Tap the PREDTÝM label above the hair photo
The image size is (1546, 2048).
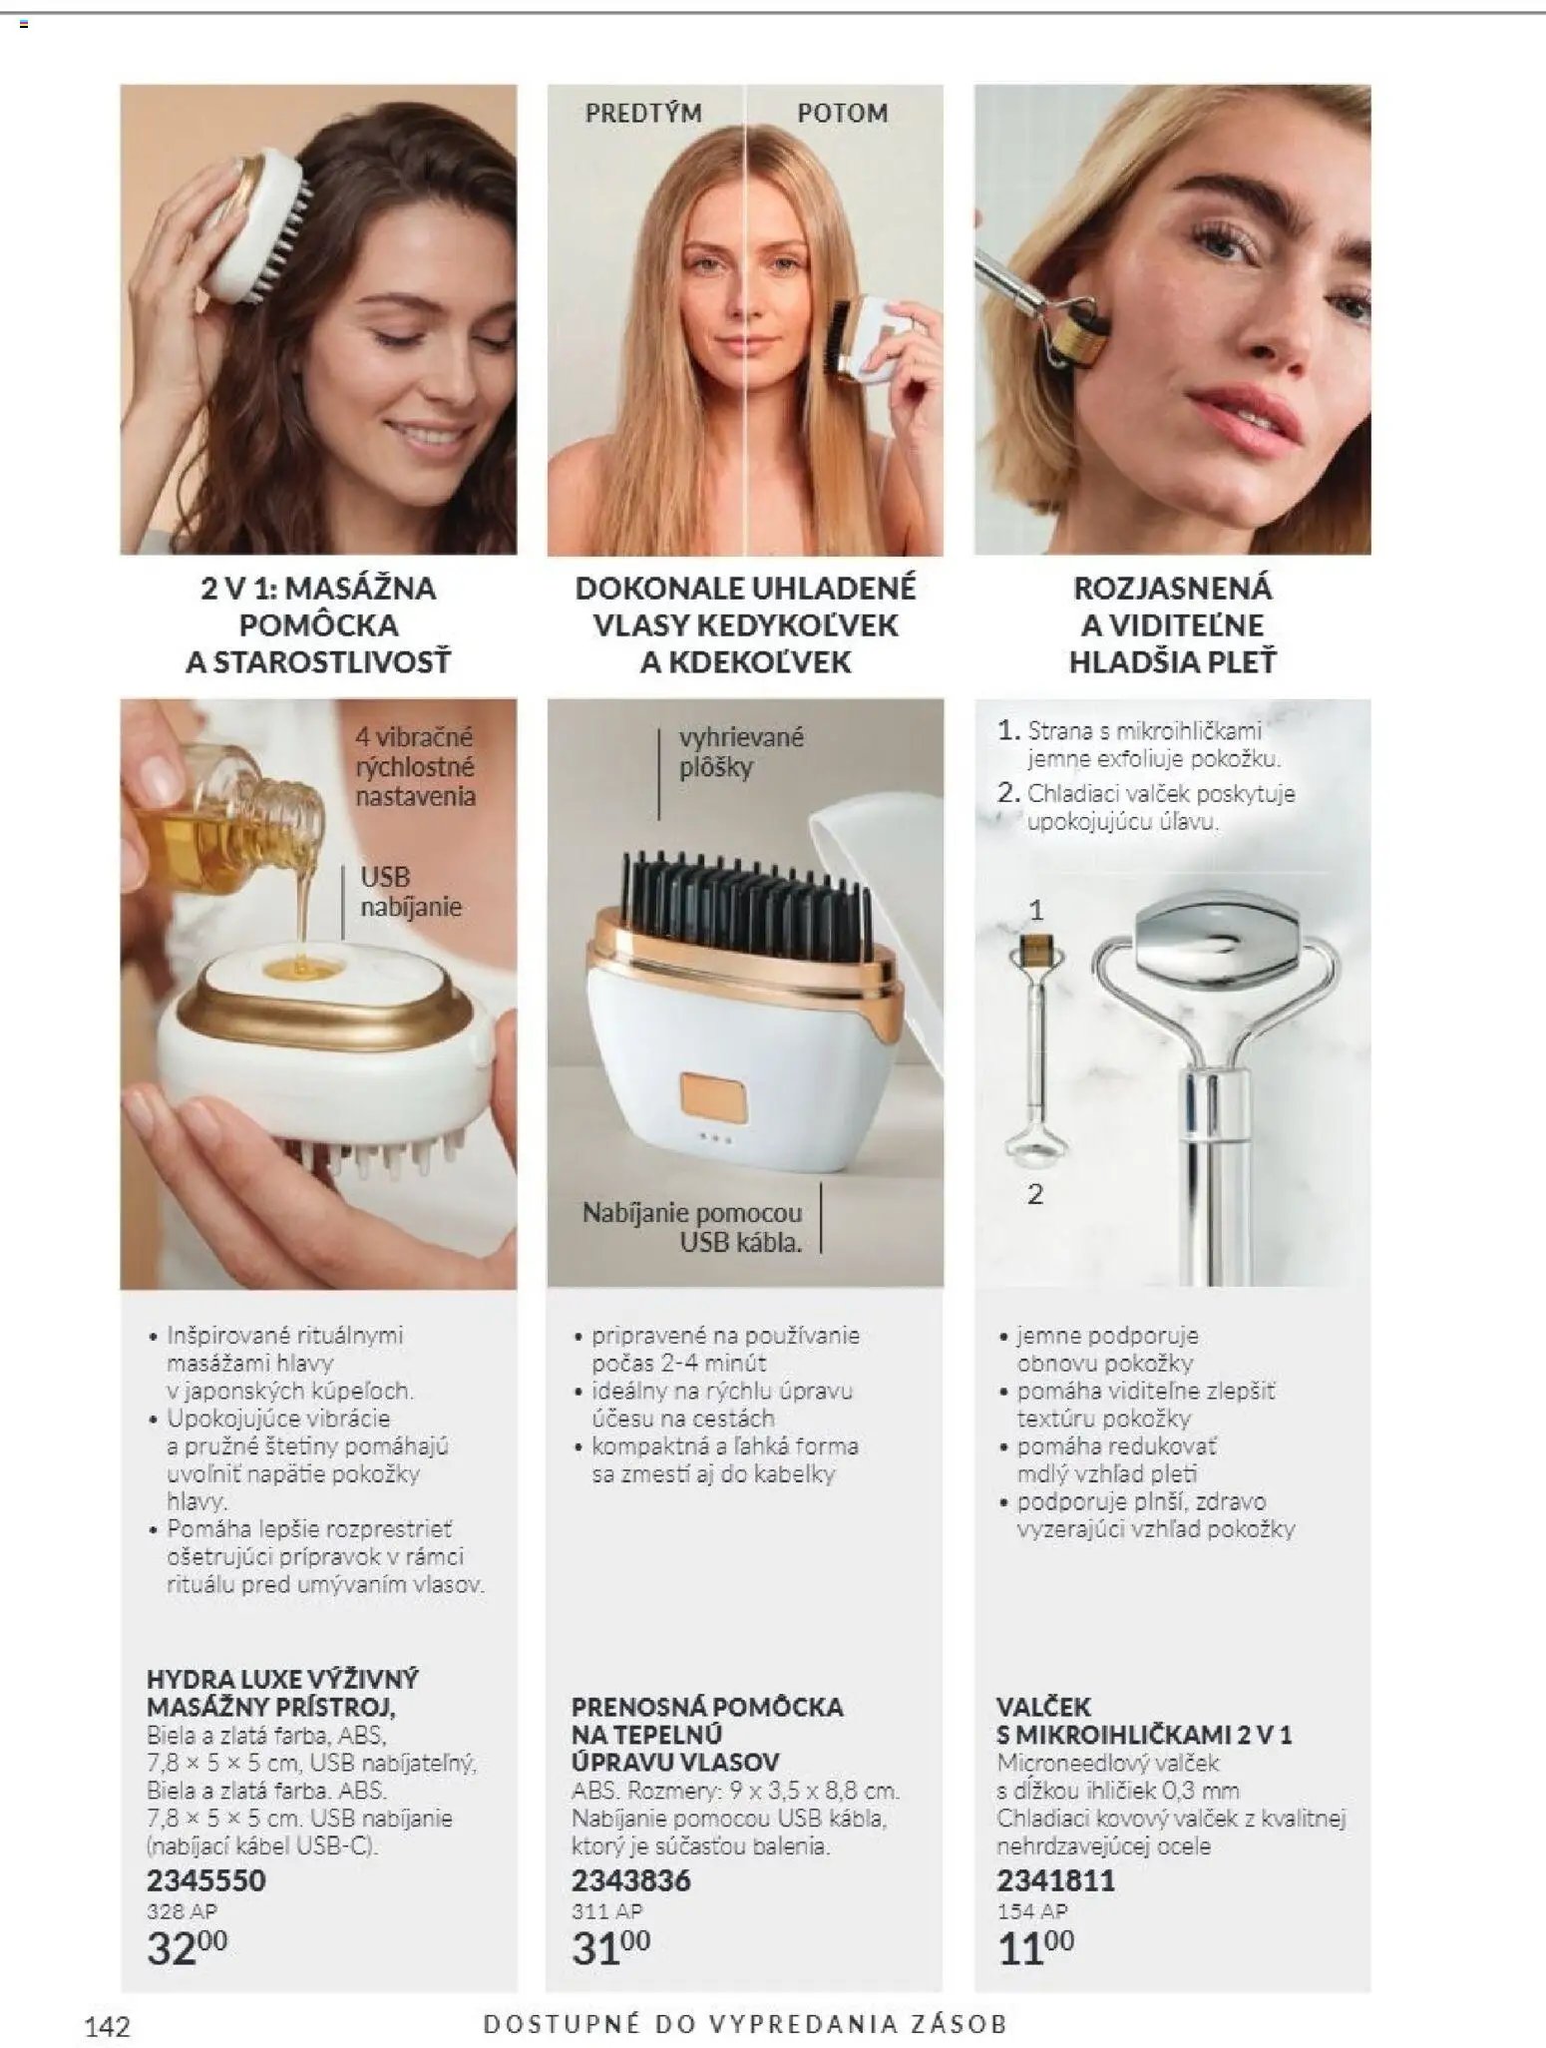pos(643,113)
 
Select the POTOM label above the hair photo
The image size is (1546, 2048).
pos(843,113)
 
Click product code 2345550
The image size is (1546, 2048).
pos(206,1880)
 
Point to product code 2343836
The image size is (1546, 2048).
pos(631,1880)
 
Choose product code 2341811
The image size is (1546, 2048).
pos(1056,1880)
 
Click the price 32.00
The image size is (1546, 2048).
pos(187,1948)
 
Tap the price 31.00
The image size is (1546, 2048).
pos(610,1948)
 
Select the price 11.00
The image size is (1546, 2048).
pos(1035,1948)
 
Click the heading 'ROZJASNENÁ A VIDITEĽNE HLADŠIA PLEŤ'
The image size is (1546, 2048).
pos(1172,624)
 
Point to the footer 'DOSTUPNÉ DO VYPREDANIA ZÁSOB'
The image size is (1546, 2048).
pos(745,2024)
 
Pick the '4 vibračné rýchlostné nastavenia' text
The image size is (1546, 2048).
pos(416,766)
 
